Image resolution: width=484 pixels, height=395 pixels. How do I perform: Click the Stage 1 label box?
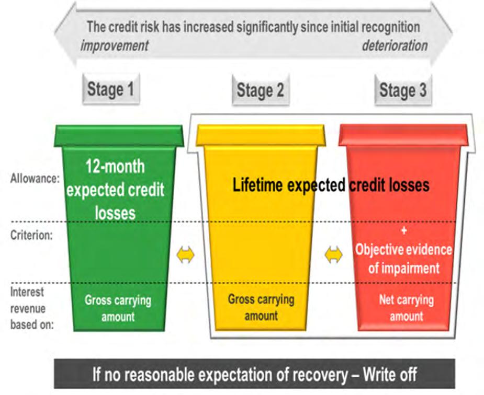point(110,89)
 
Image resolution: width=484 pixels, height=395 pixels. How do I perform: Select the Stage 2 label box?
point(260,90)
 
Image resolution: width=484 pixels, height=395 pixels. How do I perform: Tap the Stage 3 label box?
point(402,90)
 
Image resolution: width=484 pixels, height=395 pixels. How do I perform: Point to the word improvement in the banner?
point(115,45)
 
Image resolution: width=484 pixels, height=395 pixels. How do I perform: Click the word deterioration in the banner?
point(395,45)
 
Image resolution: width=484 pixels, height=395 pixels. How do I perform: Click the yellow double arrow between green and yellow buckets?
point(185,255)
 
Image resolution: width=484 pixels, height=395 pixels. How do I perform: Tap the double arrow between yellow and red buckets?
point(333,255)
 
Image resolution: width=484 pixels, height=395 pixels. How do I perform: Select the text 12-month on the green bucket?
point(115,167)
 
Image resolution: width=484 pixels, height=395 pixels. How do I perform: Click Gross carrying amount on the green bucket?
point(118,308)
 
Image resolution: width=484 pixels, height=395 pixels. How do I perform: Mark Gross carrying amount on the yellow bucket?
point(261,307)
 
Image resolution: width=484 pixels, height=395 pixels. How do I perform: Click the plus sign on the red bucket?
point(403,230)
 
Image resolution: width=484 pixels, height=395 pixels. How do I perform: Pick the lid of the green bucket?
point(119,135)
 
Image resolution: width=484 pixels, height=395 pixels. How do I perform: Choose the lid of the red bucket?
point(403,134)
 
